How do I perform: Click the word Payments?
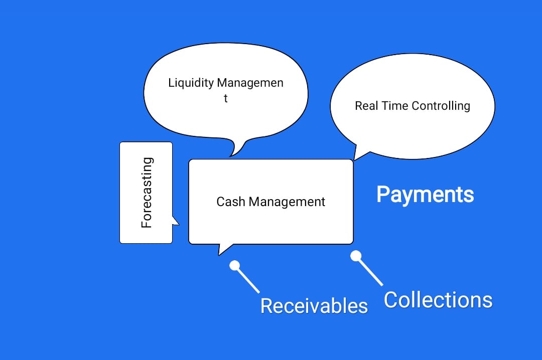pyautogui.click(x=425, y=195)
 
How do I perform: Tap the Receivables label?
pyautogui.click(x=314, y=305)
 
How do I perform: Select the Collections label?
pyautogui.click(x=438, y=300)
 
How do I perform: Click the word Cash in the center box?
pyautogui.click(x=231, y=202)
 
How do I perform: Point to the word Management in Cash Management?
pyautogui.click(x=287, y=202)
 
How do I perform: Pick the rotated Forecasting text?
pyautogui.click(x=147, y=193)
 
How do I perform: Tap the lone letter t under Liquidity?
pyautogui.click(x=226, y=98)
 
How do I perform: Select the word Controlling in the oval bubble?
pyautogui.click(x=441, y=106)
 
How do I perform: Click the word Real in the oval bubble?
pyautogui.click(x=366, y=106)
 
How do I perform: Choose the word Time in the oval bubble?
pyautogui.click(x=395, y=106)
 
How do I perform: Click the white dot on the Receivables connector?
pyautogui.click(x=234, y=265)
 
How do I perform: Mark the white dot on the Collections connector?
pyautogui.click(x=356, y=256)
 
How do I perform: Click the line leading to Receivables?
pyautogui.click(x=248, y=280)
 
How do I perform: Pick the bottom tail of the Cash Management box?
pyautogui.click(x=222, y=248)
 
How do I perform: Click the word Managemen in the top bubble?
pyautogui.click(x=257, y=83)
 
